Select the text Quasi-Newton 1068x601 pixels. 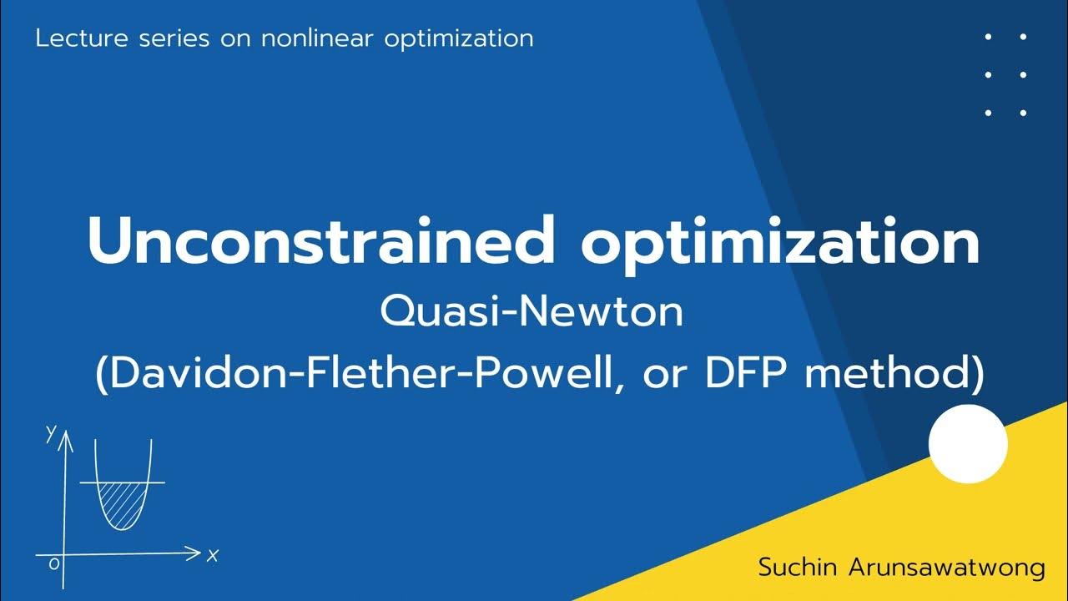point(531,313)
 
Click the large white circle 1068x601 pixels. point(968,443)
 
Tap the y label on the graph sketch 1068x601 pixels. point(51,432)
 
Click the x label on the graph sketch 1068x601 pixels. point(213,555)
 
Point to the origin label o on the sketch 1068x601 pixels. point(54,564)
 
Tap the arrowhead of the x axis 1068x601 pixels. point(194,552)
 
